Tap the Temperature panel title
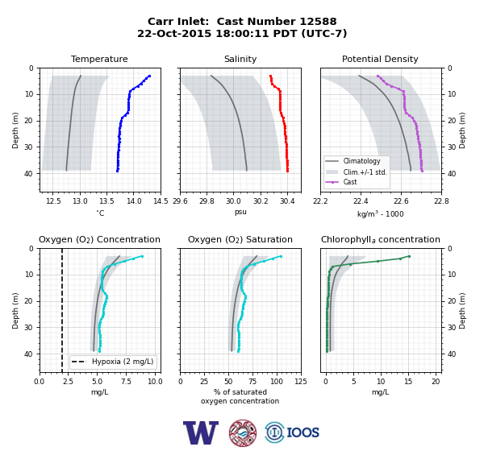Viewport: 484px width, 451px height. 99,59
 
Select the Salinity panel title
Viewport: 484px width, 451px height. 240,59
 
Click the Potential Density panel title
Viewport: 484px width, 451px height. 380,59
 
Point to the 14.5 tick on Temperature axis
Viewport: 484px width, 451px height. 161,201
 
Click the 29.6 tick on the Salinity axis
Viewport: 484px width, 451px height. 180,201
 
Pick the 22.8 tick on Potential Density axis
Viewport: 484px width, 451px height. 441,201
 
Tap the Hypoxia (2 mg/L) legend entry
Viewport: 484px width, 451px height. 113,362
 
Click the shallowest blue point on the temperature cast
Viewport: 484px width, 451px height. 149,76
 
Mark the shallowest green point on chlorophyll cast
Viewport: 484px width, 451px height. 409,256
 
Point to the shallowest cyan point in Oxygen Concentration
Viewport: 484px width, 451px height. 142,256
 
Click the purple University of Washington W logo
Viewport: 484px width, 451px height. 201,432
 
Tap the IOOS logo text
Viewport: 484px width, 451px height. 303,432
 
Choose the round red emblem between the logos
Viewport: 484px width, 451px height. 243,432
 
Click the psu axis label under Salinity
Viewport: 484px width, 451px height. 240,212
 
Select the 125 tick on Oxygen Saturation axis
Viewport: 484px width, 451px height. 301,382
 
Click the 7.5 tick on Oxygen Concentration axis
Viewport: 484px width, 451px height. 126,382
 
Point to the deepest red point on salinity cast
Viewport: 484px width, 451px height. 287,171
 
